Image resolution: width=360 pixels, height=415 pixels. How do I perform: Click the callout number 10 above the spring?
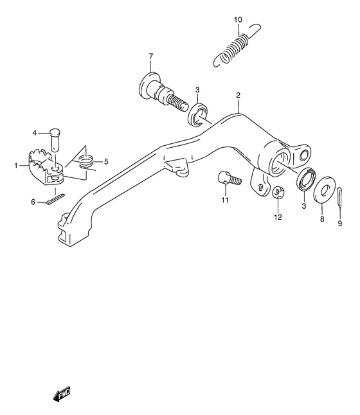click(x=238, y=20)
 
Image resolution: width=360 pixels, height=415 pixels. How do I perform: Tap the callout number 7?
click(x=151, y=57)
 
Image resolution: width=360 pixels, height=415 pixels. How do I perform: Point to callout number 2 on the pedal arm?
click(x=238, y=95)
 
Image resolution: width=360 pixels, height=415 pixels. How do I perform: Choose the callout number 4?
click(x=35, y=133)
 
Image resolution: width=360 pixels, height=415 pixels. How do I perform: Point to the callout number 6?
click(x=33, y=202)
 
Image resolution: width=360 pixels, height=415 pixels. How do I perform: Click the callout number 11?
click(x=225, y=201)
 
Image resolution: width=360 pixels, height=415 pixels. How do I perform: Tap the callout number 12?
click(x=278, y=216)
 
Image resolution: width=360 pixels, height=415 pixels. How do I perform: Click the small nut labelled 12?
click(x=279, y=191)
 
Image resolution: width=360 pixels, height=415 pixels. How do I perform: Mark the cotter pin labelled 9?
click(x=341, y=197)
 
